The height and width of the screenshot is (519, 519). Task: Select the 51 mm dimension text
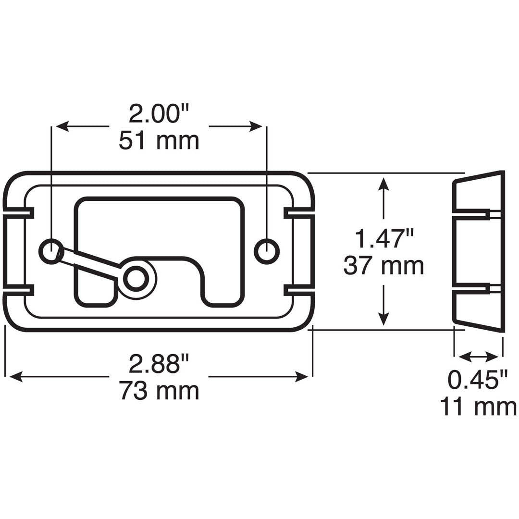159,141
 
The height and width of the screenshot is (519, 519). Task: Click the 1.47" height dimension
384,239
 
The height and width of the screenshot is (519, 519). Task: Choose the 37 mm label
384,265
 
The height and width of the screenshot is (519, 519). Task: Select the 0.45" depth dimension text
478,380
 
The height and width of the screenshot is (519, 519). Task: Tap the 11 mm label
478,407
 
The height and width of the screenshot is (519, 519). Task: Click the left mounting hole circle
50,251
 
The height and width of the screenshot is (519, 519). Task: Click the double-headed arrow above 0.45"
479,357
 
